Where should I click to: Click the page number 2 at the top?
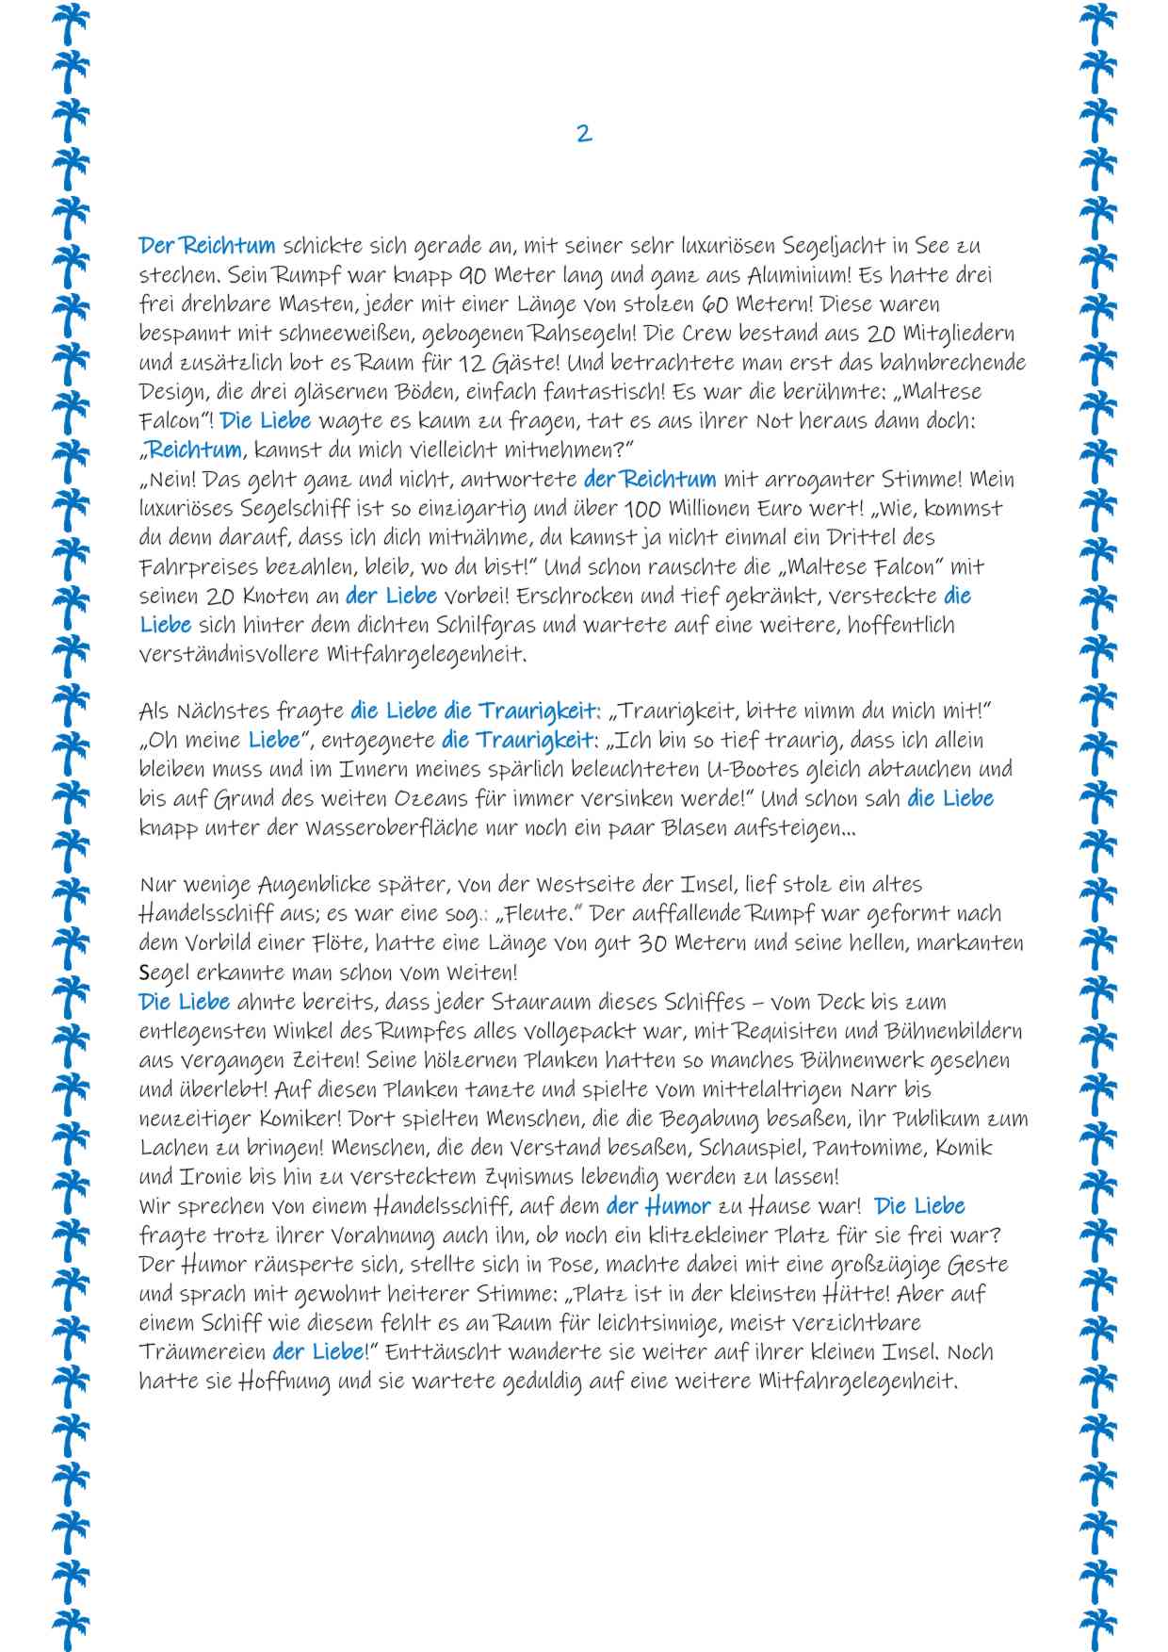click(584, 133)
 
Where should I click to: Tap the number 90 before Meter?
click(474, 275)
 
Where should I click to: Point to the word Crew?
click(700, 334)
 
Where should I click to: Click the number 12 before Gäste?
click(475, 363)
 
